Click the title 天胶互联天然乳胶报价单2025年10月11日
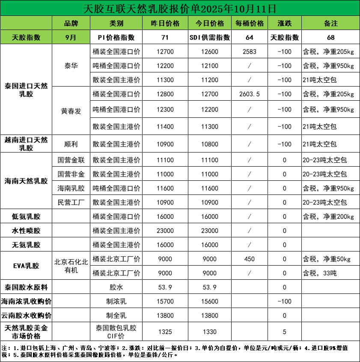coord(180,8)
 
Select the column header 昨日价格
coord(165,23)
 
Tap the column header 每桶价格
coord(250,23)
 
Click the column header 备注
coord(331,23)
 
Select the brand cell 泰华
coord(71,66)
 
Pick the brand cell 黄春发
coord(71,111)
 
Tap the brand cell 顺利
coord(71,144)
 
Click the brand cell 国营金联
coord(71,160)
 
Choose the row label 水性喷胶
coord(26,231)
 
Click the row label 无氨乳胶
coord(26,245)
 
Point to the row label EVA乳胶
coord(26,266)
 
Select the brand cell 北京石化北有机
coord(71,266)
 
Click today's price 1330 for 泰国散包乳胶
coord(209,332)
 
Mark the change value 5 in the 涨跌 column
coord(285,332)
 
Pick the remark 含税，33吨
coord(319,273)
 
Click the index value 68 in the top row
coord(331,37)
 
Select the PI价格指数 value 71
coord(165,37)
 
